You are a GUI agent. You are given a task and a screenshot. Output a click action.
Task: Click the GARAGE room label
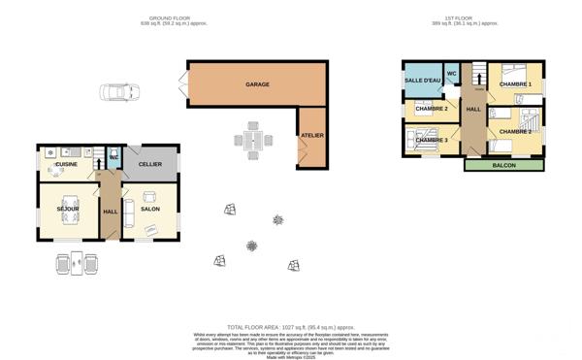click(x=257, y=85)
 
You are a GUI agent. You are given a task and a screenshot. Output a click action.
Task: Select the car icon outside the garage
click(x=117, y=93)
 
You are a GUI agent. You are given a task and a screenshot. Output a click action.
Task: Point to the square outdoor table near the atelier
click(x=253, y=142)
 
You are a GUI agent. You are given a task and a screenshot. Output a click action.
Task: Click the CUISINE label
click(x=66, y=165)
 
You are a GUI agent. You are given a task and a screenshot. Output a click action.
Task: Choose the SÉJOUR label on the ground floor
click(x=68, y=209)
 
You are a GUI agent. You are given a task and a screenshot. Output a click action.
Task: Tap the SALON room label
click(x=150, y=209)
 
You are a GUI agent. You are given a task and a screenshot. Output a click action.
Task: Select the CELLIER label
click(x=149, y=164)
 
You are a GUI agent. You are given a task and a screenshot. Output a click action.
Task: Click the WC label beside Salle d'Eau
click(x=452, y=74)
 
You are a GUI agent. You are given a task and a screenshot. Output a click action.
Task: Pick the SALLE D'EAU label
click(x=422, y=81)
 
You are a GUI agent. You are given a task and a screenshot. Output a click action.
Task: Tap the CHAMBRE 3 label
click(x=431, y=141)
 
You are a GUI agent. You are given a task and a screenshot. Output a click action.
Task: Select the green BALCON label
click(x=503, y=165)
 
